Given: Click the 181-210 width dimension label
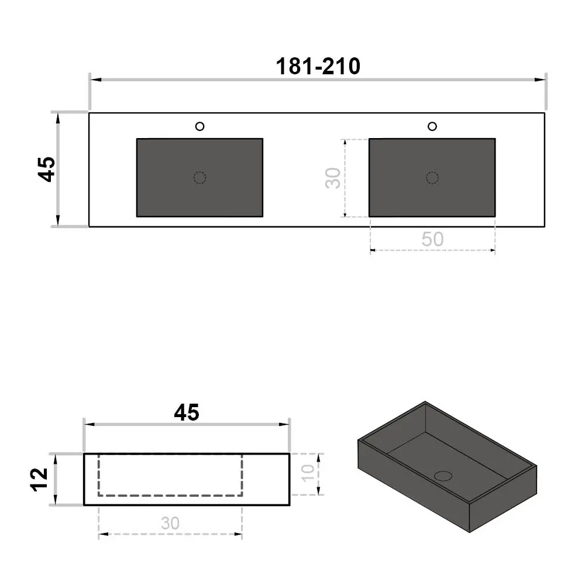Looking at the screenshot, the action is tap(318, 67).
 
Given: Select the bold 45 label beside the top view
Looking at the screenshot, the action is tap(47, 170).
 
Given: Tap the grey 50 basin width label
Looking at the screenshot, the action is tap(432, 239).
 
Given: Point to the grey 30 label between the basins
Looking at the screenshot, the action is tap(333, 178).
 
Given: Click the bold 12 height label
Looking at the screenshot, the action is tap(40, 480).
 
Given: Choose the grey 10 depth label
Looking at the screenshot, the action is tap(308, 473).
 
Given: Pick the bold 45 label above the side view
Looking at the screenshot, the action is tap(187, 412).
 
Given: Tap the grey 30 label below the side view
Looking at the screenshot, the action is tap(170, 523).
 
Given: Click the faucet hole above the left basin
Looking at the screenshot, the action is tap(199, 126).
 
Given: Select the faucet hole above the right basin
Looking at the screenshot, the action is tap(432, 126).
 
